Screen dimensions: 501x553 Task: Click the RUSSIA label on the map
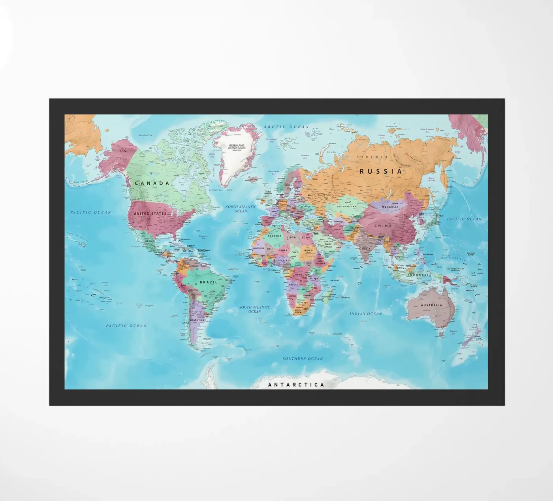pos(381,171)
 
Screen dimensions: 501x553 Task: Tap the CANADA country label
pos(152,183)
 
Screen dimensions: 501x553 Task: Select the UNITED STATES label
pos(150,214)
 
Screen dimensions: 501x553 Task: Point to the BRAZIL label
pos(209,282)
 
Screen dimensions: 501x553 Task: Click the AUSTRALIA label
pos(431,305)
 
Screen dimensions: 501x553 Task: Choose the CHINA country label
pos(383,226)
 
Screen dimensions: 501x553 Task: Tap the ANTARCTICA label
pos(296,385)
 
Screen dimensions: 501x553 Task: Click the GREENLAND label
pos(237,146)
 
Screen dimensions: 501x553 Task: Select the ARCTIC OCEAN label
pos(286,127)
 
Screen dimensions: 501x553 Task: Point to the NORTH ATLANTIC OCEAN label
pos(241,209)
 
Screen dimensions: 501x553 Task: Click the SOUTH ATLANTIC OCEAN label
pos(254,309)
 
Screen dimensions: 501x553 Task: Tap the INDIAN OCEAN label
pos(366,314)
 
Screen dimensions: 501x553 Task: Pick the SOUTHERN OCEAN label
pos(303,359)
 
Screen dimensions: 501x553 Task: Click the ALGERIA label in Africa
pos(275,236)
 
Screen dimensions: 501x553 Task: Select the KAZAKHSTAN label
pos(347,206)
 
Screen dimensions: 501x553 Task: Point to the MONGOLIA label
pos(390,207)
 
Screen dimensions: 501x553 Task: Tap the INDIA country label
pos(367,249)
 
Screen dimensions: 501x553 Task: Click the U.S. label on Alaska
pos(124,151)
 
